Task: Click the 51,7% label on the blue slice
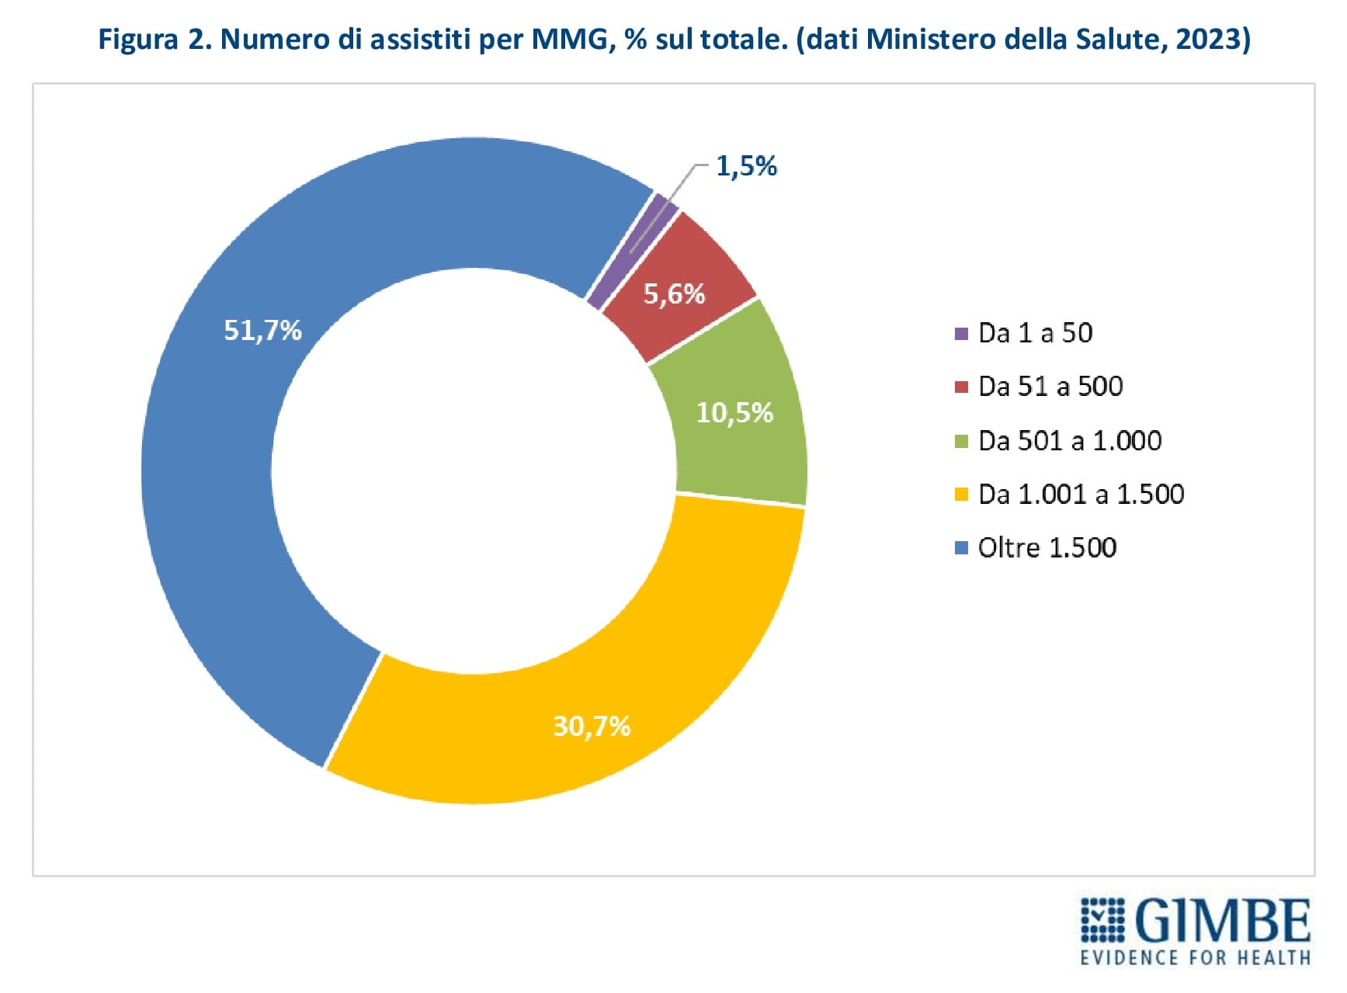click(262, 331)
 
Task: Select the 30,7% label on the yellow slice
click(592, 726)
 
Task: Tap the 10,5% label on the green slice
click(734, 412)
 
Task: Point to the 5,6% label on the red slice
click(674, 293)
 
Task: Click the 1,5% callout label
click(746, 166)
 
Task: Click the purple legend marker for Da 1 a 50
click(961, 334)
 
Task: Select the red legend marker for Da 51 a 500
click(961, 387)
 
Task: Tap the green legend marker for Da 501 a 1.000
click(961, 441)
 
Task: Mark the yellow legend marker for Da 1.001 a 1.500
click(961, 495)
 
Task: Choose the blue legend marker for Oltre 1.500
click(961, 548)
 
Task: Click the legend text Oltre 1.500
click(1047, 548)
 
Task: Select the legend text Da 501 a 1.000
click(1070, 441)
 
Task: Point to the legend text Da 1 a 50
click(1035, 333)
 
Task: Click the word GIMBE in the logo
click(1223, 922)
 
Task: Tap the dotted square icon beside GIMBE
click(1102, 921)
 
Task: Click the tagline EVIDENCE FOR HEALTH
click(1195, 957)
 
